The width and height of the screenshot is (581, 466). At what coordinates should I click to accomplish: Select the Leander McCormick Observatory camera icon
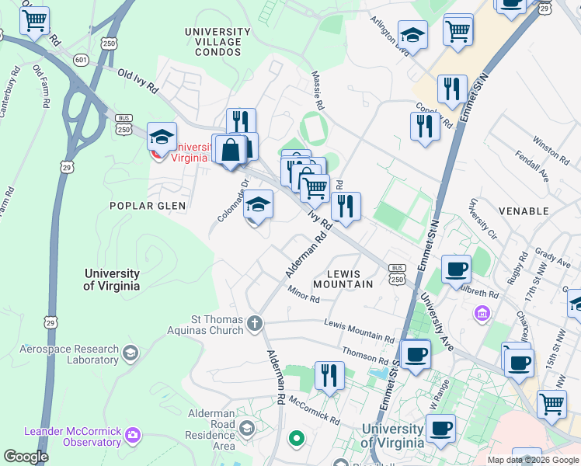tap(133, 433)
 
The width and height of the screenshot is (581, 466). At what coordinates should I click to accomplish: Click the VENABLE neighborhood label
tap(541, 210)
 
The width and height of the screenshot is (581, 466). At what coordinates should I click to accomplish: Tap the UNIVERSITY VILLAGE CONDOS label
tap(217, 37)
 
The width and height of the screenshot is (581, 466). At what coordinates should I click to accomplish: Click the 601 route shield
tap(81, 60)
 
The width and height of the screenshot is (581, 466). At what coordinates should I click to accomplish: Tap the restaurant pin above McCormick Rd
tap(329, 376)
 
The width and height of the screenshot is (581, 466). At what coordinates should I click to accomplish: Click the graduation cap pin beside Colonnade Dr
tap(259, 207)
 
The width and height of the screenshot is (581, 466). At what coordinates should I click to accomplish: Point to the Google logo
tap(26, 457)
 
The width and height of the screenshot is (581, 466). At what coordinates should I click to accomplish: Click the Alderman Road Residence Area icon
tap(246, 428)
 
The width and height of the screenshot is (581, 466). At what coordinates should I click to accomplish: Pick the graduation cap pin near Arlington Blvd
tap(412, 35)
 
